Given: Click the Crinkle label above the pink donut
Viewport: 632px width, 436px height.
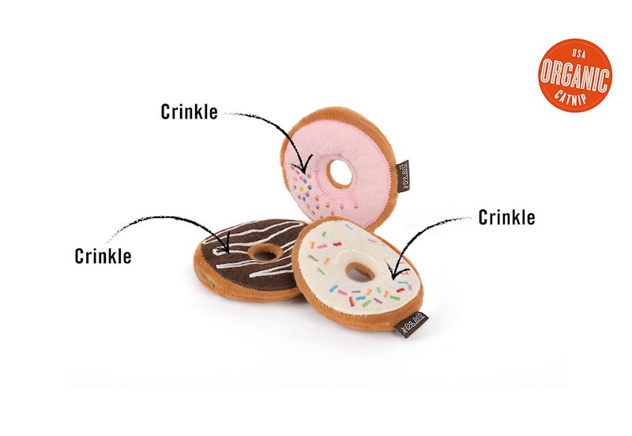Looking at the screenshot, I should pyautogui.click(x=189, y=111).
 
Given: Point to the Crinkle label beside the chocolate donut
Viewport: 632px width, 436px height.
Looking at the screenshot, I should pyautogui.click(x=103, y=256).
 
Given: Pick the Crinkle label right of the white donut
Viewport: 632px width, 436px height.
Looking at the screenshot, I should pyautogui.click(x=506, y=216).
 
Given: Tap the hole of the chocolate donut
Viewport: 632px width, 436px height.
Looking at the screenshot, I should pyautogui.click(x=264, y=254).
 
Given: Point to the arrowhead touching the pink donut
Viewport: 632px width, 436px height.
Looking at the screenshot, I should pyautogui.click(x=299, y=167).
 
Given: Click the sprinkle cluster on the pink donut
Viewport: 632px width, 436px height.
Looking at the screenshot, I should pyautogui.click(x=302, y=189).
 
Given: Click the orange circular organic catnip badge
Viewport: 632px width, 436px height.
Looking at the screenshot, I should pyautogui.click(x=575, y=76).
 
